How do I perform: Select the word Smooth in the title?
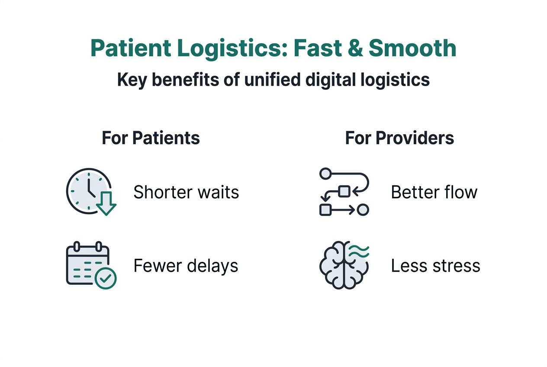[x=412, y=49]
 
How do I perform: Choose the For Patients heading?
[x=151, y=138]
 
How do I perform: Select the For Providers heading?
[x=399, y=138]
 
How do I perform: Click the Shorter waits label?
[x=186, y=192]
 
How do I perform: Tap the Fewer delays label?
[x=186, y=266]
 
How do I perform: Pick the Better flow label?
[x=434, y=192]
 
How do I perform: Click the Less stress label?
[x=435, y=266]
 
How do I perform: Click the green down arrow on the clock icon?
[x=106, y=203]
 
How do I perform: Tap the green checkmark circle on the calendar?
[x=105, y=278]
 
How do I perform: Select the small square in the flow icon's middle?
[x=344, y=191]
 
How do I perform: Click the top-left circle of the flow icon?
[x=325, y=174]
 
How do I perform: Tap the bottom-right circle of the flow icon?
[x=363, y=210]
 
